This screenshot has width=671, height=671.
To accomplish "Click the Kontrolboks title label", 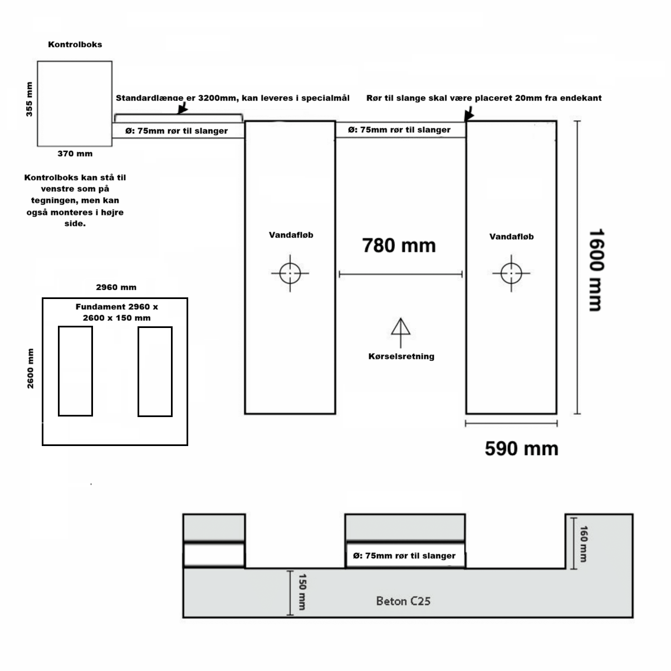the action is (75, 45).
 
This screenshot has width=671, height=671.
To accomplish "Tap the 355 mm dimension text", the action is (30, 99).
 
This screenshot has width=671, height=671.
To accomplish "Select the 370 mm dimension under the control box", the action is (75, 154).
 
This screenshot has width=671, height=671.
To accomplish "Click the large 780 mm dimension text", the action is (399, 245).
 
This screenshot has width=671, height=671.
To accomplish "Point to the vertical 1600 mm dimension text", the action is (596, 270).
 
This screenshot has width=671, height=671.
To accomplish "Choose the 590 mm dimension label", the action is (521, 448).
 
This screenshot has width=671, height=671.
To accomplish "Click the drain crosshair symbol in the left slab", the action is (290, 273).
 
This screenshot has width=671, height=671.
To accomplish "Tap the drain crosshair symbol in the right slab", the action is (511, 273).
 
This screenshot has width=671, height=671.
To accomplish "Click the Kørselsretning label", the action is (401, 356).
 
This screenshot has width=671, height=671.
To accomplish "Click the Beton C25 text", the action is (403, 601).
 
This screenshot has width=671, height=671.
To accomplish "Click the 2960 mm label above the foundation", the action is (116, 287).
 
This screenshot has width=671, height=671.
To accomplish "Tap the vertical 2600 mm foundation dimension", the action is (31, 369).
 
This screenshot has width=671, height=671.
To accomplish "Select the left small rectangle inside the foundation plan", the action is (76, 371).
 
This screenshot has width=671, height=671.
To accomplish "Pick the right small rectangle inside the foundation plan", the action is (155, 371).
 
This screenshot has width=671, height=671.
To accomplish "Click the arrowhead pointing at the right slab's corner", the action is (469, 115).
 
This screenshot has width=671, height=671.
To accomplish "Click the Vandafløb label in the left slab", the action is (291, 235).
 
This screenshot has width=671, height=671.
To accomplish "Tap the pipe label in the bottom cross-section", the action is (404, 556).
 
